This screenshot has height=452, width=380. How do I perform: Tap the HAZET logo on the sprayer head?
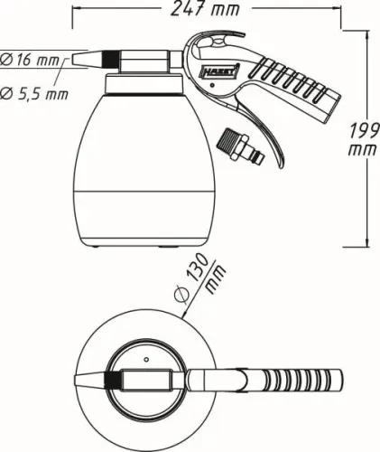coord(225,69)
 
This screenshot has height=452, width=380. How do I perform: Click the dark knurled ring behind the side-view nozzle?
coord(110,58)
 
